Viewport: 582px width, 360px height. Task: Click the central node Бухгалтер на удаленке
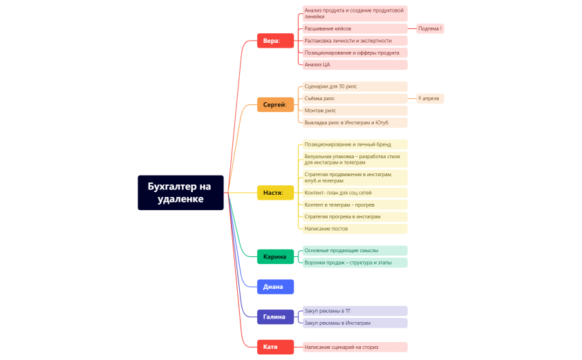click(x=180, y=193)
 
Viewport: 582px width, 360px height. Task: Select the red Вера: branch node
click(x=275, y=41)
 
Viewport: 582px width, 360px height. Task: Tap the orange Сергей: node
click(x=275, y=104)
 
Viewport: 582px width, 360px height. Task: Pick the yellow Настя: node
click(x=275, y=193)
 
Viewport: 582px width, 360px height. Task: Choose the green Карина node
click(x=275, y=256)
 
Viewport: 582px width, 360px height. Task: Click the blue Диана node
click(x=275, y=287)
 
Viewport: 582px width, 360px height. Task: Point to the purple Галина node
click(x=275, y=317)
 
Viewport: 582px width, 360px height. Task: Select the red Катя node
click(x=275, y=347)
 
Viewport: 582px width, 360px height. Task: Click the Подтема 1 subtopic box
click(x=430, y=28)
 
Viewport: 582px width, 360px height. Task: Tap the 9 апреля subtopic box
click(x=430, y=98)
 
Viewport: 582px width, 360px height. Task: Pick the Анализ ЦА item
click(x=355, y=64)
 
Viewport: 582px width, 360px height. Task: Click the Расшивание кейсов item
click(x=355, y=28)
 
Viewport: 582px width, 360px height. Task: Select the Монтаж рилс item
click(x=355, y=111)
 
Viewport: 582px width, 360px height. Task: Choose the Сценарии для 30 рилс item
click(x=355, y=86)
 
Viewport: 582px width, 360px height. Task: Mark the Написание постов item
click(x=355, y=229)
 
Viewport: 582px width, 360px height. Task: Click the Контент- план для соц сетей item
click(x=355, y=193)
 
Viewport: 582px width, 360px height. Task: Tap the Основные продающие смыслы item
click(x=355, y=251)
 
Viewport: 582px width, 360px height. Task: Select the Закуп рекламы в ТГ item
click(x=355, y=311)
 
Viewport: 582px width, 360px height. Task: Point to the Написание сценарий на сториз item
click(x=355, y=347)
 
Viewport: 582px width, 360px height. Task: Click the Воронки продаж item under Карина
click(x=355, y=263)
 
